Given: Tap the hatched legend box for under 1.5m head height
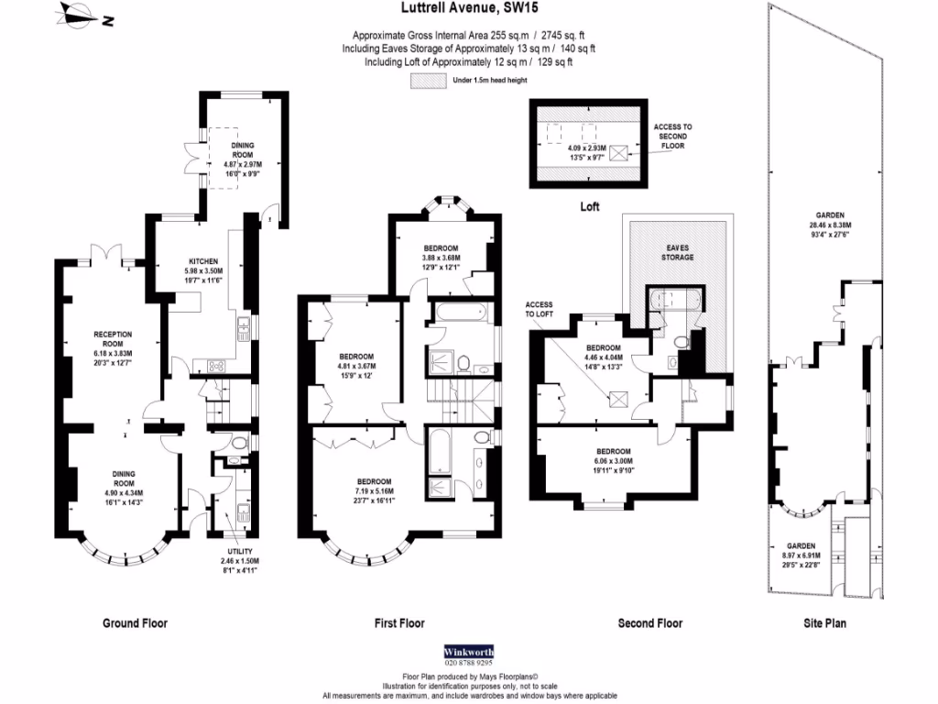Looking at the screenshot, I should point(426,81).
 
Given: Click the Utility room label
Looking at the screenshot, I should point(241,551).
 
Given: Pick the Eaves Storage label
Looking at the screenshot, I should point(678,251).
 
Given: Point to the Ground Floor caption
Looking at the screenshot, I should point(135,623).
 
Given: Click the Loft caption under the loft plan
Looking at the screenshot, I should point(591,207).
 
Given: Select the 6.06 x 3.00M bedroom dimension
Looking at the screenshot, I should point(613,462).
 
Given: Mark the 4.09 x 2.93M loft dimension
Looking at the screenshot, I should point(588,148).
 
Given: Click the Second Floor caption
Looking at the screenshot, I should point(649,623).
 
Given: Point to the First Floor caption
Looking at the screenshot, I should point(399,623).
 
